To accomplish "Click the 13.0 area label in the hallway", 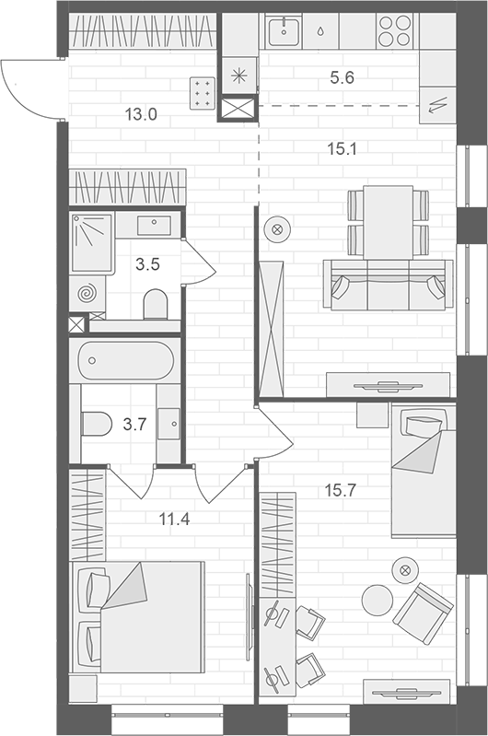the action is pos(141,114).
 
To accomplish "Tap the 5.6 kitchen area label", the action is pos(342,77).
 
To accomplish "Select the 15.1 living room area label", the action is pos(343,149).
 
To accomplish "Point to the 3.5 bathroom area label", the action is pos(148,264).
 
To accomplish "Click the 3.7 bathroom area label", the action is pos(134,425).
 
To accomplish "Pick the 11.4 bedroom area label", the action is pos(174,520).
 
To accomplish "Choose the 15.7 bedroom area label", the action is pos(341,491).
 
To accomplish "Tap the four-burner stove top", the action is pos(394,31).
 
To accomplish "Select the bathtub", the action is pos(125,360).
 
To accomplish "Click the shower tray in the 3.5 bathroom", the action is pos(92,242).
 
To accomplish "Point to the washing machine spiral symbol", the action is pos(87,294).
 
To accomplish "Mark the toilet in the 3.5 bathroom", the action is pos(156,304).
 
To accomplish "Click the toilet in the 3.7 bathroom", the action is pos(96,424).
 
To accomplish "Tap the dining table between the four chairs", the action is pos(389,223).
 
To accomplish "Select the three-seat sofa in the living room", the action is pos(388,285).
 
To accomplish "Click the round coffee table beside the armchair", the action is pos(378,601).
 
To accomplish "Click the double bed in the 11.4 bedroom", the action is pos(137,617).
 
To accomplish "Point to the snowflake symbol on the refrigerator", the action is pos(239,76).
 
